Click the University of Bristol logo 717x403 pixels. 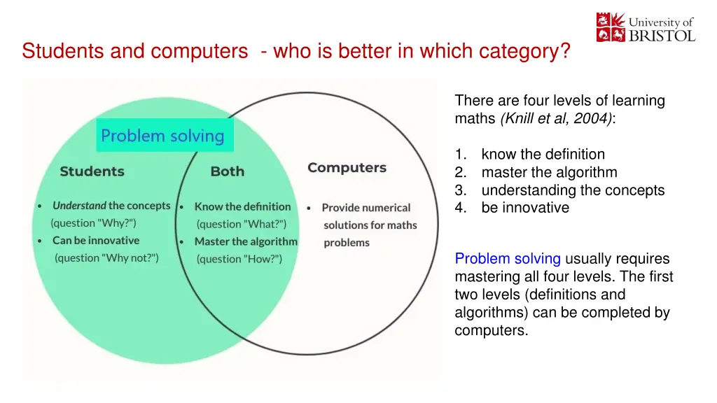[646, 27]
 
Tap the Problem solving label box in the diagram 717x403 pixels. [165, 135]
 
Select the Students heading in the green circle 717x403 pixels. [92, 171]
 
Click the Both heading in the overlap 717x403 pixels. [228, 171]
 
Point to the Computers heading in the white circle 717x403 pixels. [347, 168]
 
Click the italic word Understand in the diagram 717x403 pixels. [79, 206]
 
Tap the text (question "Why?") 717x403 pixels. [93, 223]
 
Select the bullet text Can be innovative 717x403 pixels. [95, 241]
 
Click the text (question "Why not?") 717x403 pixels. [106, 257]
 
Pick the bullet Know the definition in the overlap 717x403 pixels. [242, 206]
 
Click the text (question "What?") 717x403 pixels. [242, 224]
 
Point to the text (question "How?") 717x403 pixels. [239, 259]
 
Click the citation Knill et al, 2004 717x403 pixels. [556, 118]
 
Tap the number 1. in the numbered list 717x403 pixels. [461, 155]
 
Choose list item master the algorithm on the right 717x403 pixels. [549, 172]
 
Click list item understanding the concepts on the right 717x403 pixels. [573, 190]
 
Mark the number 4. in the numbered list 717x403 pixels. [461, 208]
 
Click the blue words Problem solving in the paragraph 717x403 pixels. [508, 259]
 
